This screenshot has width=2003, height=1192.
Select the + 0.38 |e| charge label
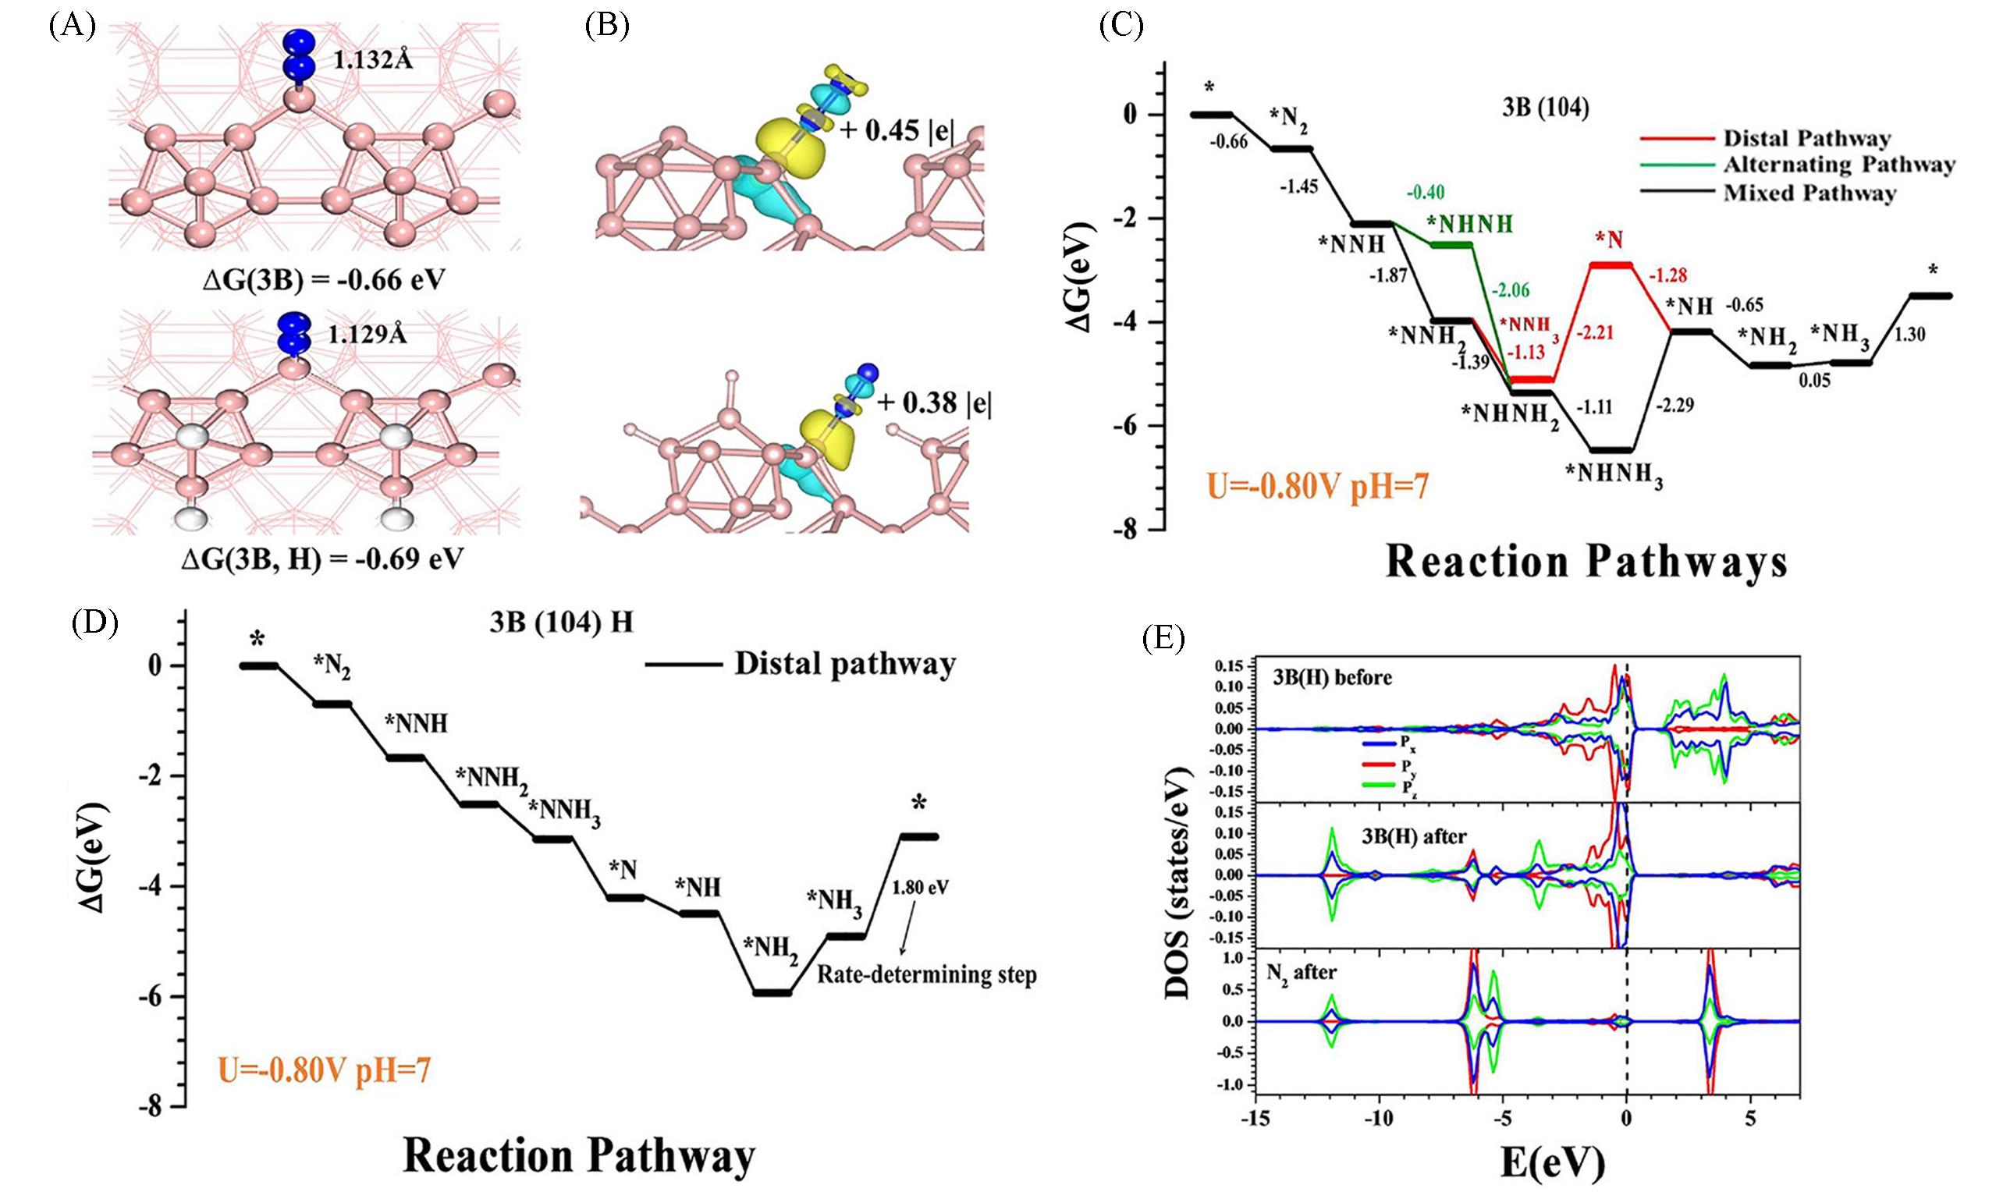(x=933, y=403)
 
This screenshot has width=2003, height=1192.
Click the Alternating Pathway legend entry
(x=1838, y=165)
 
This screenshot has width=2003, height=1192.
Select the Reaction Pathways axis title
(x=1586, y=563)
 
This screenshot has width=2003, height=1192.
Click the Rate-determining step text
(x=926, y=974)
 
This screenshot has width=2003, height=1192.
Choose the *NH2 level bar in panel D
(x=770, y=993)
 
